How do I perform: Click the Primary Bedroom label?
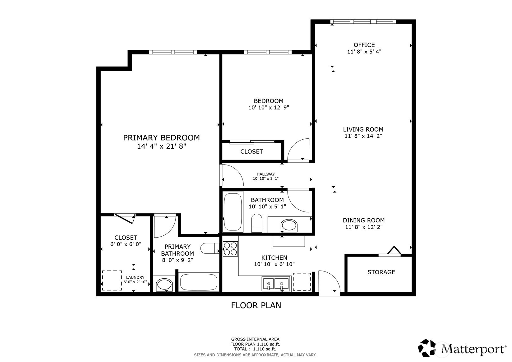[x=161, y=138]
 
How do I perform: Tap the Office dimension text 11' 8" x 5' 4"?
[x=364, y=52]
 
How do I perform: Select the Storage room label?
[x=381, y=272]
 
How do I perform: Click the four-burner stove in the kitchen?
[x=230, y=249]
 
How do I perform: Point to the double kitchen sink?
[x=276, y=284]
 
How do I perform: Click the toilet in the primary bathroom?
[x=210, y=248]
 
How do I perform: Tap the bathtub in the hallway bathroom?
[x=233, y=212]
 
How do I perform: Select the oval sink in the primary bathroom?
[x=164, y=285]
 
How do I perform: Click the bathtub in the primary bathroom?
[x=199, y=282]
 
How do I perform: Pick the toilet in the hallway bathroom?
[x=257, y=223]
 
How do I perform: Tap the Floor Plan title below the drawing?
[x=256, y=305]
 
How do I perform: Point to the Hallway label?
[x=265, y=174]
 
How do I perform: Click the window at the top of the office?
[x=363, y=22]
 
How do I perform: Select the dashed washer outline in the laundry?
[x=112, y=280]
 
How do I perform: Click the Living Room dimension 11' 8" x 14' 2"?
[x=363, y=136]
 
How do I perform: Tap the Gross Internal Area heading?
[x=255, y=339]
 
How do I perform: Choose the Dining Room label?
[x=364, y=220]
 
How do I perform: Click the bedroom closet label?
[x=252, y=152]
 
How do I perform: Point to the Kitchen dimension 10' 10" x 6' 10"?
[x=274, y=264]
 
